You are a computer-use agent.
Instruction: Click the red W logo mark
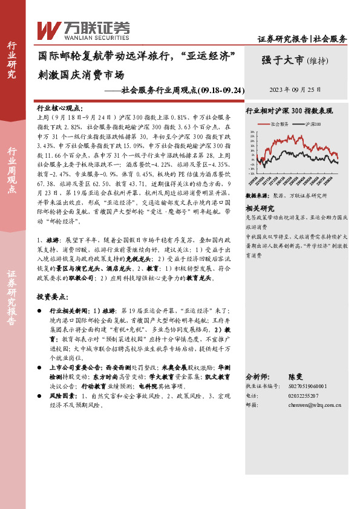tap(48, 29)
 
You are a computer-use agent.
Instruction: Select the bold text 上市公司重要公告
tap(74, 367)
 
